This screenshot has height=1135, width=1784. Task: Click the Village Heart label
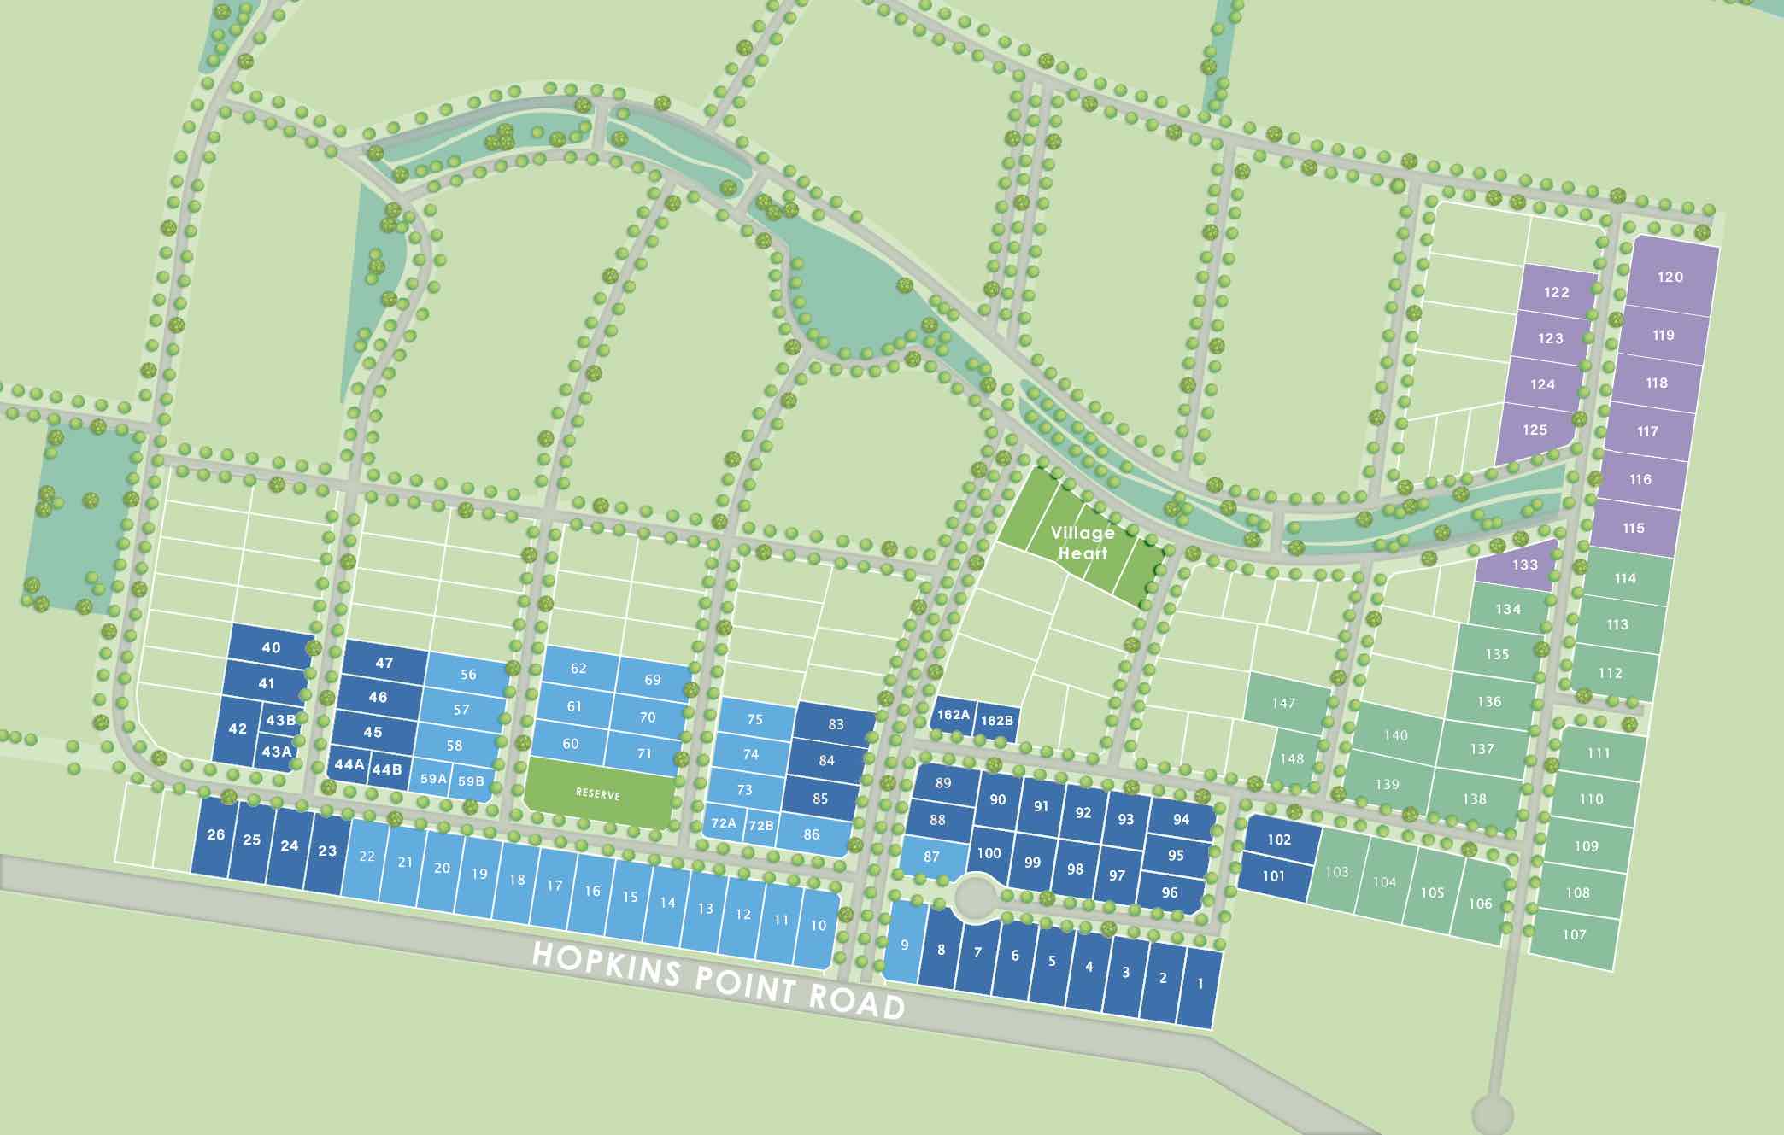click(1083, 542)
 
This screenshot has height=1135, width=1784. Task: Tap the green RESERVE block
click(598, 793)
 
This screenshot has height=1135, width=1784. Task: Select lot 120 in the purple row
click(1670, 277)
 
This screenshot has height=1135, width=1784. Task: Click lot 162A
click(954, 715)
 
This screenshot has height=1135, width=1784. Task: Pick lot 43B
click(280, 720)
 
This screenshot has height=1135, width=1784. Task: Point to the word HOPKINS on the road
click(607, 962)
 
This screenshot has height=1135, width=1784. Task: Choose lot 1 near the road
click(1200, 984)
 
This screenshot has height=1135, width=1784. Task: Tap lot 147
click(1283, 703)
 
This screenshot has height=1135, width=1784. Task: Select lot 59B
click(471, 781)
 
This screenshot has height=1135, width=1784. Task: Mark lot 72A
click(724, 823)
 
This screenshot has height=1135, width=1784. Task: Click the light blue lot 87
click(931, 857)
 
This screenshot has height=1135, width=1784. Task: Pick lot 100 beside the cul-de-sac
click(989, 852)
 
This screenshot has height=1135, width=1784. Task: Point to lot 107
click(1574, 934)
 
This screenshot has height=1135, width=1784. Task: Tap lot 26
click(216, 834)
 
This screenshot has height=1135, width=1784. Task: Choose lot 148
click(1292, 758)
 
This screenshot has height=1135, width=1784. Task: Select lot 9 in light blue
click(904, 944)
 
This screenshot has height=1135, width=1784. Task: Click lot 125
click(1535, 430)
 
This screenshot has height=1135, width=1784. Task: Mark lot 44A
click(349, 764)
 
